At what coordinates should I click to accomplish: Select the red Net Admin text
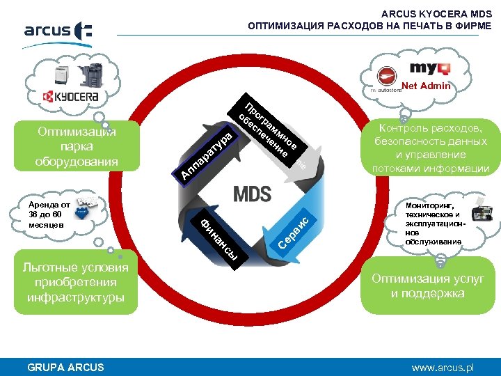pos(426,86)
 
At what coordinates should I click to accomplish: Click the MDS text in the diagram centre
pos(252,194)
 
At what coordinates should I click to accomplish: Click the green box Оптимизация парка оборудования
pos(77,146)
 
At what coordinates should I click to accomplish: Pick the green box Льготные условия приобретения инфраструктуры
pos(75,283)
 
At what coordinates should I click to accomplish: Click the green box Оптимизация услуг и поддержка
pos(428,286)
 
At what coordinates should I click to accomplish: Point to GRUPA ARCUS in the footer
pos(65,368)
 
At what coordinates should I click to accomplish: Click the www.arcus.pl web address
pos(442,367)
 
